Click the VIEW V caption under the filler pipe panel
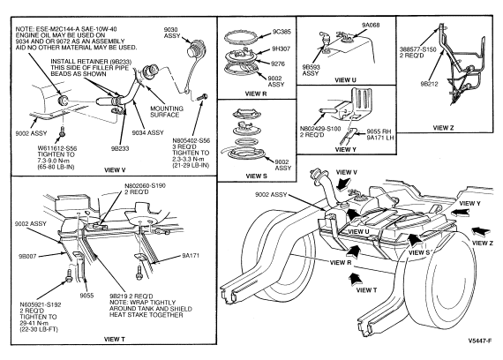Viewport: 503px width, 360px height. coord(115,170)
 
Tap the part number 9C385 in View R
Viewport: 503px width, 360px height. coord(282,32)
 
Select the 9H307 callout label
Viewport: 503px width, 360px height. coord(281,49)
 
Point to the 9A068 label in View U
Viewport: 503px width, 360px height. coord(371,25)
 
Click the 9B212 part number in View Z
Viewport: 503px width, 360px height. coord(429,84)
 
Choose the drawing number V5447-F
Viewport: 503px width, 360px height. coord(479,341)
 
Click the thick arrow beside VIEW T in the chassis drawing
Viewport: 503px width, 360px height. coord(354,279)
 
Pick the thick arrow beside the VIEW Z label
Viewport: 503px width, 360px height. coord(481,231)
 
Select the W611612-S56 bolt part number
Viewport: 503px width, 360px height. coord(57,148)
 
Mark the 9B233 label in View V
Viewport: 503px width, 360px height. coord(120,148)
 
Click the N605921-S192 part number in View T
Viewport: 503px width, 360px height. coord(41,304)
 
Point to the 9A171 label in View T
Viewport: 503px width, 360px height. coord(191,256)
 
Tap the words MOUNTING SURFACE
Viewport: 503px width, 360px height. coord(167,112)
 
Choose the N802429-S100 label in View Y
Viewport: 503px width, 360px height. coord(320,129)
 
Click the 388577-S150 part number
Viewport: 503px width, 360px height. coord(418,49)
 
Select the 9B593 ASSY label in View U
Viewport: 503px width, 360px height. coord(312,71)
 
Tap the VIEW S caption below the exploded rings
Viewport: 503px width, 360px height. coord(256,176)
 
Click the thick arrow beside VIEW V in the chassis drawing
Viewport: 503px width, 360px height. coord(342,184)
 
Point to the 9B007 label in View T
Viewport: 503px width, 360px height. coord(27,257)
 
